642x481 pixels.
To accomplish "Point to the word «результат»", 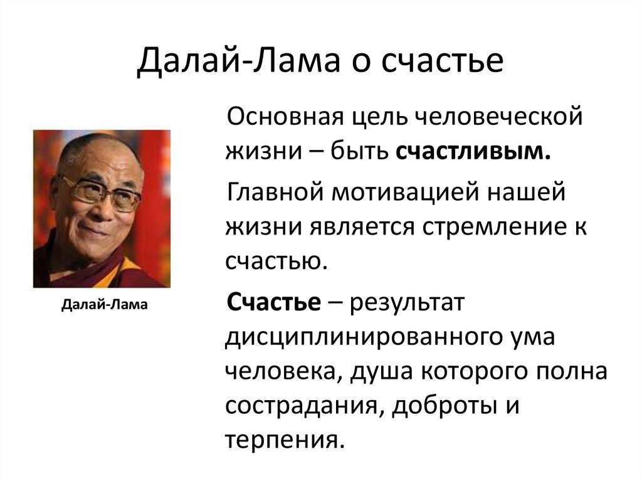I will click(407, 304).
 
